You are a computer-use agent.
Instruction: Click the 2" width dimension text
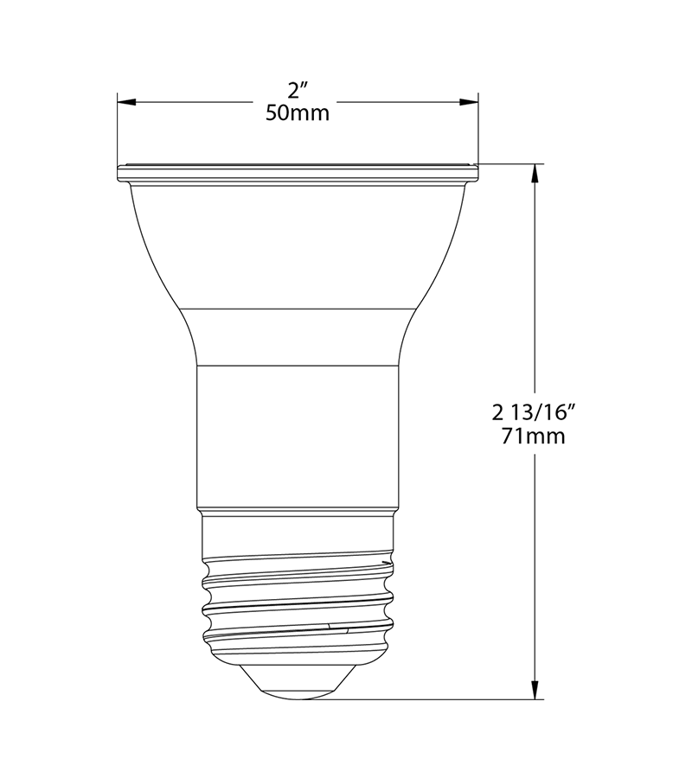[x=298, y=90]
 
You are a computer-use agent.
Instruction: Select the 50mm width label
[x=298, y=113]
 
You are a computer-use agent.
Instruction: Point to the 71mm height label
[x=534, y=437]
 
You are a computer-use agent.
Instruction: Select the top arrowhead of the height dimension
[x=536, y=173]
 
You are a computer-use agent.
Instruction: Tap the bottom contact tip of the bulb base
[x=298, y=687]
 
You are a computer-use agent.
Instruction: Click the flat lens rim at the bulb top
[x=298, y=173]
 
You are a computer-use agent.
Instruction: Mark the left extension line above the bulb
[x=117, y=130]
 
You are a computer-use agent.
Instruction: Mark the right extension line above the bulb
[x=479, y=130]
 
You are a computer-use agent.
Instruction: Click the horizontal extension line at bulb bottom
[x=432, y=699]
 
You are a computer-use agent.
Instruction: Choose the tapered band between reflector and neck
[x=298, y=337]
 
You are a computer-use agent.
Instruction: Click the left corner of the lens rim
[x=119, y=173]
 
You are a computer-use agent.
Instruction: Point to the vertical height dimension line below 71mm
[x=536, y=562]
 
